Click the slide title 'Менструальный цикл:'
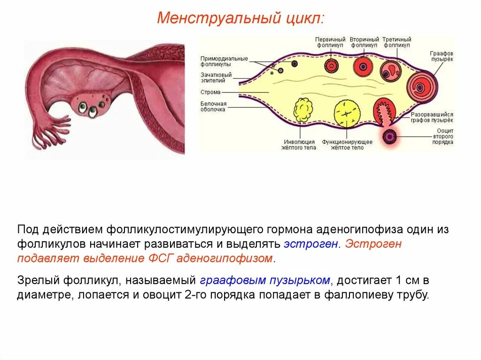(x=240, y=19)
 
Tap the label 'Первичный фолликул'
(x=330, y=43)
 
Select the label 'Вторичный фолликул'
(x=365, y=43)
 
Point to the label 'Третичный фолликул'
(x=396, y=43)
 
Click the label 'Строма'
(x=210, y=92)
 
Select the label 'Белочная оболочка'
(x=213, y=107)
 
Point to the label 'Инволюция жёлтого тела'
(x=300, y=145)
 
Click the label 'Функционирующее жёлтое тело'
(x=347, y=145)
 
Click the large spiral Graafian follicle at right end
(x=421, y=86)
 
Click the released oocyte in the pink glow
(x=389, y=137)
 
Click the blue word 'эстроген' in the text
(x=310, y=244)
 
